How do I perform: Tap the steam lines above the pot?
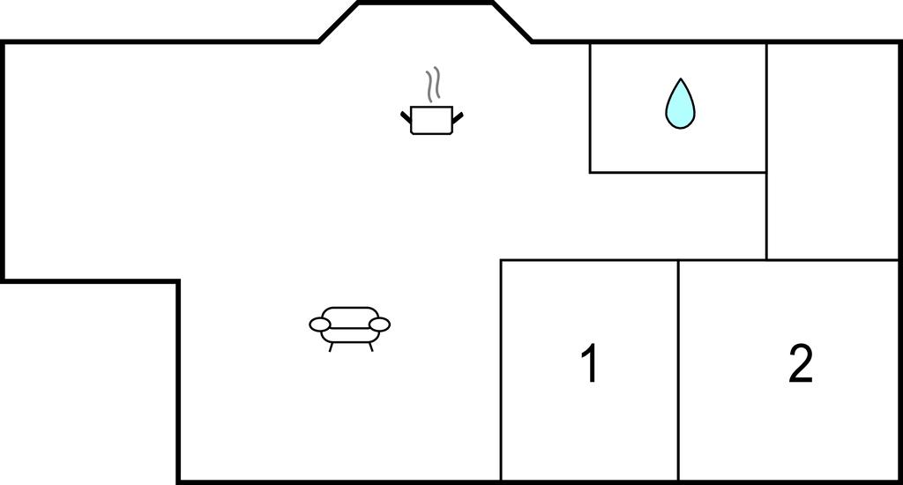(x=434, y=85)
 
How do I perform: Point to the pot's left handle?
(x=406, y=117)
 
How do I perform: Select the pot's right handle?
(x=458, y=117)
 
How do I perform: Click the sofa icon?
(x=349, y=329)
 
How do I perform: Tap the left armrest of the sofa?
(x=319, y=325)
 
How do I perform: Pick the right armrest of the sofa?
(x=379, y=325)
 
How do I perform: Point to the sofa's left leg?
(x=331, y=347)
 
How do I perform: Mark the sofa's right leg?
(x=371, y=347)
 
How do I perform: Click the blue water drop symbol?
(x=680, y=104)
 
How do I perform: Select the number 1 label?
(x=589, y=363)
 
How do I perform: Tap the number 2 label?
(x=801, y=363)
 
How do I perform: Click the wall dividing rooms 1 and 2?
(x=678, y=369)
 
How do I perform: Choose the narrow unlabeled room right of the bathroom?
(x=832, y=152)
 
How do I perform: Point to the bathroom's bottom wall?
(x=678, y=172)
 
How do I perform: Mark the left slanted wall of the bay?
(x=340, y=22)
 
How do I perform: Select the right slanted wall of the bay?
(x=512, y=22)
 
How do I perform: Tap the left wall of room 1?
(x=501, y=369)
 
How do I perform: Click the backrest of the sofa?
(x=349, y=317)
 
